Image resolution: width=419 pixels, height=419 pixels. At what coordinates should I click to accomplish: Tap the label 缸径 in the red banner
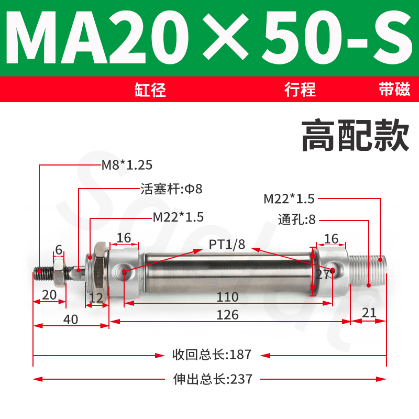[150, 90]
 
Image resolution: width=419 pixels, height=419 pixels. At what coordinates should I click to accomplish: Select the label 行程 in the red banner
[300, 90]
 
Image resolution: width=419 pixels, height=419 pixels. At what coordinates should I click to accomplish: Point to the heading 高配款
[355, 136]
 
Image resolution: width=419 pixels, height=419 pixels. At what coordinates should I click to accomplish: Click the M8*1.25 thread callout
[127, 165]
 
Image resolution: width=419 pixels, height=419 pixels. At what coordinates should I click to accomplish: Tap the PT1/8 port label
[227, 244]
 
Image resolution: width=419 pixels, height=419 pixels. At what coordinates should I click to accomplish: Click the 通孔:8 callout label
[297, 219]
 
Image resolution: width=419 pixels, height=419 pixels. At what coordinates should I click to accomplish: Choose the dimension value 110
[228, 297]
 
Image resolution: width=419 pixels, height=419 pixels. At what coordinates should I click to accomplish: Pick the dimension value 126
[228, 315]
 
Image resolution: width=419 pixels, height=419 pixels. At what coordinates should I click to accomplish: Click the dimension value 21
[369, 313]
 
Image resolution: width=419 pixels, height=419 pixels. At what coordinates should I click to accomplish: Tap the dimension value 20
[49, 295]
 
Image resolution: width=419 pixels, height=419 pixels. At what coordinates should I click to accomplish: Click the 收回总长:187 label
[212, 355]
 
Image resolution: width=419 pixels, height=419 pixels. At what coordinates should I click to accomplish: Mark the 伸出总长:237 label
[212, 379]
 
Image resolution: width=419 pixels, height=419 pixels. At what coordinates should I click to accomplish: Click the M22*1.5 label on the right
[289, 199]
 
